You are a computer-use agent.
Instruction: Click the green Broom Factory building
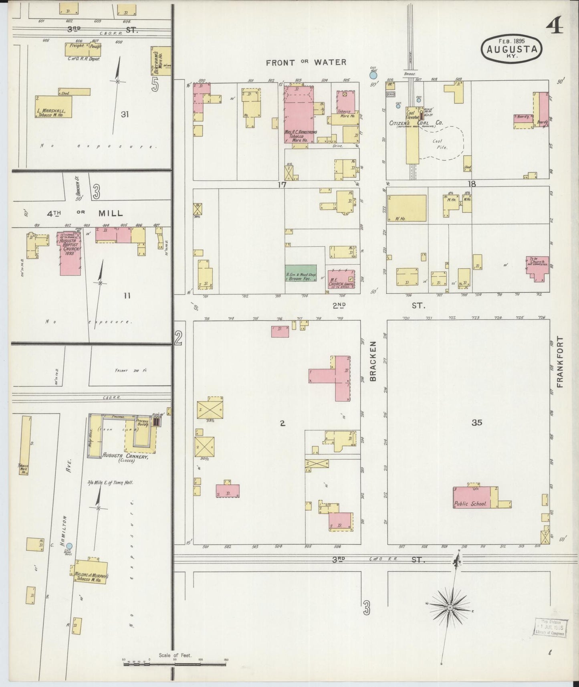pos(301,273)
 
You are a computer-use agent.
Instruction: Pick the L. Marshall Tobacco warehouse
pos(54,107)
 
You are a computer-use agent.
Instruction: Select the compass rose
pos(450,608)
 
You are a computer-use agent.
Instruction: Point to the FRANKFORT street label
pos(560,362)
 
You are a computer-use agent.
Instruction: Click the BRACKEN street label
pos(373,361)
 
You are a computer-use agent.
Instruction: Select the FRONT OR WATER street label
pos(306,62)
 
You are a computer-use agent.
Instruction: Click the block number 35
pos(476,422)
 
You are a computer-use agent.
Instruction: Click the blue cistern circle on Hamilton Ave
pos(69,546)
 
